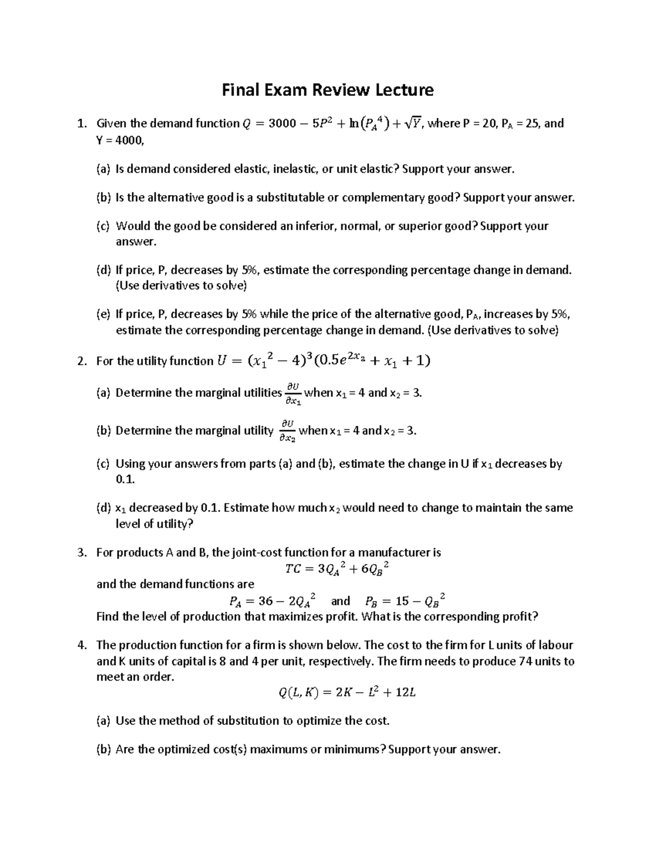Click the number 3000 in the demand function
click(x=283, y=124)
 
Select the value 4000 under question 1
click(x=130, y=140)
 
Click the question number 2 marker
click(x=81, y=361)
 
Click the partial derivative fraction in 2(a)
click(x=292, y=394)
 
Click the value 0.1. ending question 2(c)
click(x=125, y=479)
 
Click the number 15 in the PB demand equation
click(x=402, y=601)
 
